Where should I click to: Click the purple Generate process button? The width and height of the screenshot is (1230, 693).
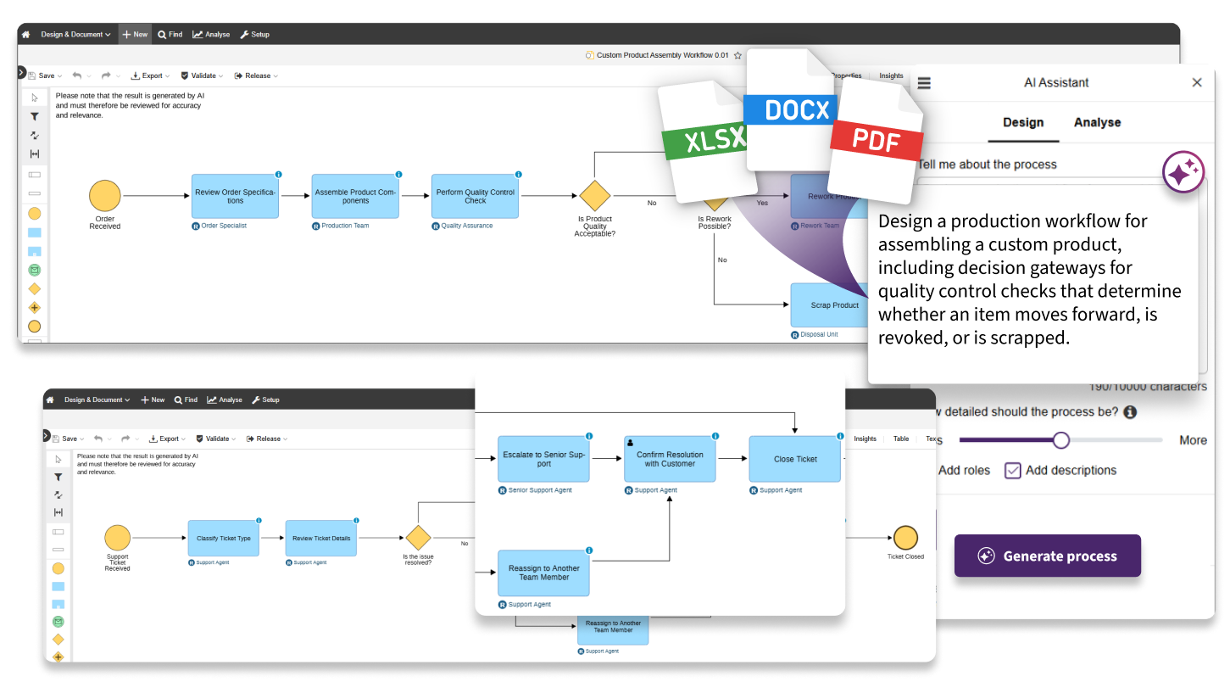point(1047,556)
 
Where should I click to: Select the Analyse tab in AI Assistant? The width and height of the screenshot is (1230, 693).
point(1097,122)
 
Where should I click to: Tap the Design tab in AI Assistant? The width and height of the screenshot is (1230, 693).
point(1023,122)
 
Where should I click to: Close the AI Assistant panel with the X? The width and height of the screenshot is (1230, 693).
point(1196,82)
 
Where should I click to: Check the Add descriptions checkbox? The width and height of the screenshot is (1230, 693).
point(1012,470)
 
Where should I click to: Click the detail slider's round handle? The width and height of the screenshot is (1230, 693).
point(1060,440)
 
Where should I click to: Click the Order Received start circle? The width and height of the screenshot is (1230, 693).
point(105,196)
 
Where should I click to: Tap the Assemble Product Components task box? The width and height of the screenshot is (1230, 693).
point(355,196)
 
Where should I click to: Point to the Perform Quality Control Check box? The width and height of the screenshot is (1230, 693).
point(475,196)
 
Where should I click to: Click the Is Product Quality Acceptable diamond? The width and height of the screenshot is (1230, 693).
point(594,196)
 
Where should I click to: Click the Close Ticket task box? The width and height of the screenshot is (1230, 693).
point(794,459)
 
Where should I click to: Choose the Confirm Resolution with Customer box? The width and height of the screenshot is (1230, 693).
point(669,459)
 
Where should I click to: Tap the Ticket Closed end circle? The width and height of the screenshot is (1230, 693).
point(905,538)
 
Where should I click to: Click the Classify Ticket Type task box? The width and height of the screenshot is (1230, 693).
point(224,538)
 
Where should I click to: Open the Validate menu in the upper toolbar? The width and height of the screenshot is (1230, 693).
point(203,75)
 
